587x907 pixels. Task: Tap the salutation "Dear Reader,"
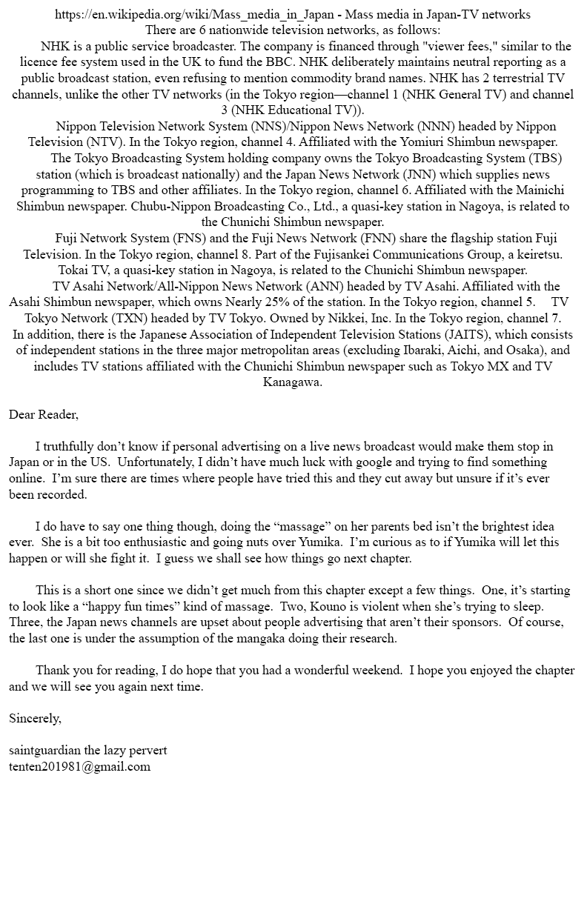coord(44,414)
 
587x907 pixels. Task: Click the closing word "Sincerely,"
coord(35,718)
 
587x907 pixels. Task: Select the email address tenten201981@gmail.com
coord(79,767)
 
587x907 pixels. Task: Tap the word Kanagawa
coord(293,382)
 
